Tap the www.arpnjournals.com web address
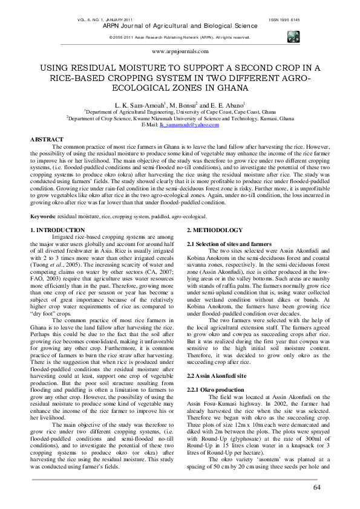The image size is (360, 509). tap(179, 53)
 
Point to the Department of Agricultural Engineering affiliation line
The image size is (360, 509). tap(180, 112)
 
